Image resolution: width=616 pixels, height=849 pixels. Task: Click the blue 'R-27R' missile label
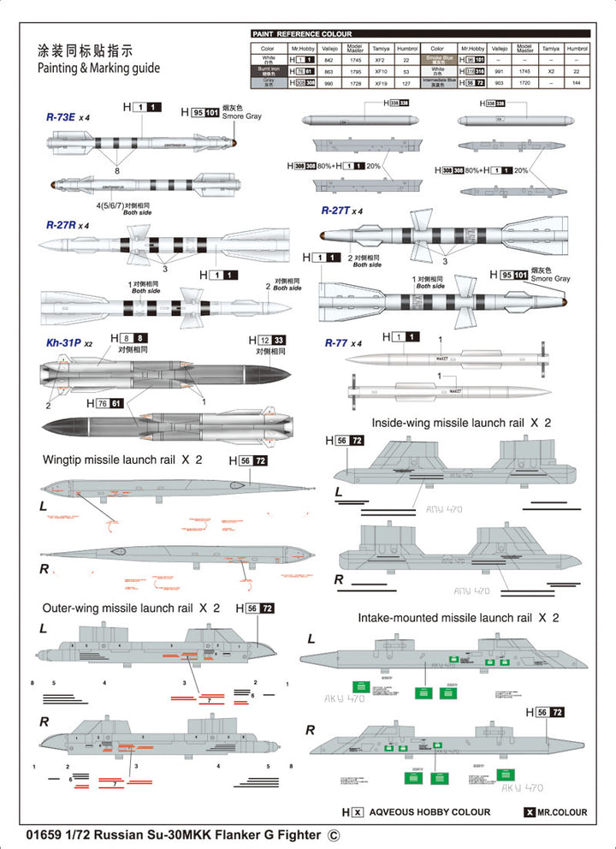[x=62, y=225]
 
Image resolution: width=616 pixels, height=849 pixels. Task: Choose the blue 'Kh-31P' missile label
[x=65, y=343]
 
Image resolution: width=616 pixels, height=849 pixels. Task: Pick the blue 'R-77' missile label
[x=336, y=343]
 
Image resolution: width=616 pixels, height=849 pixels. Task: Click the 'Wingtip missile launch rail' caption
[x=110, y=460]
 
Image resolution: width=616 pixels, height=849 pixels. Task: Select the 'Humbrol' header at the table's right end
[x=577, y=50]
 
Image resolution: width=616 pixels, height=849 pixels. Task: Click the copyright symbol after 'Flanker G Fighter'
[x=334, y=834]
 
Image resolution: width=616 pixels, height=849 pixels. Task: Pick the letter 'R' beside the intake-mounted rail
[x=310, y=729]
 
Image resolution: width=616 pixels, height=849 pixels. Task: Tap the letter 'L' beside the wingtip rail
[x=43, y=507]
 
